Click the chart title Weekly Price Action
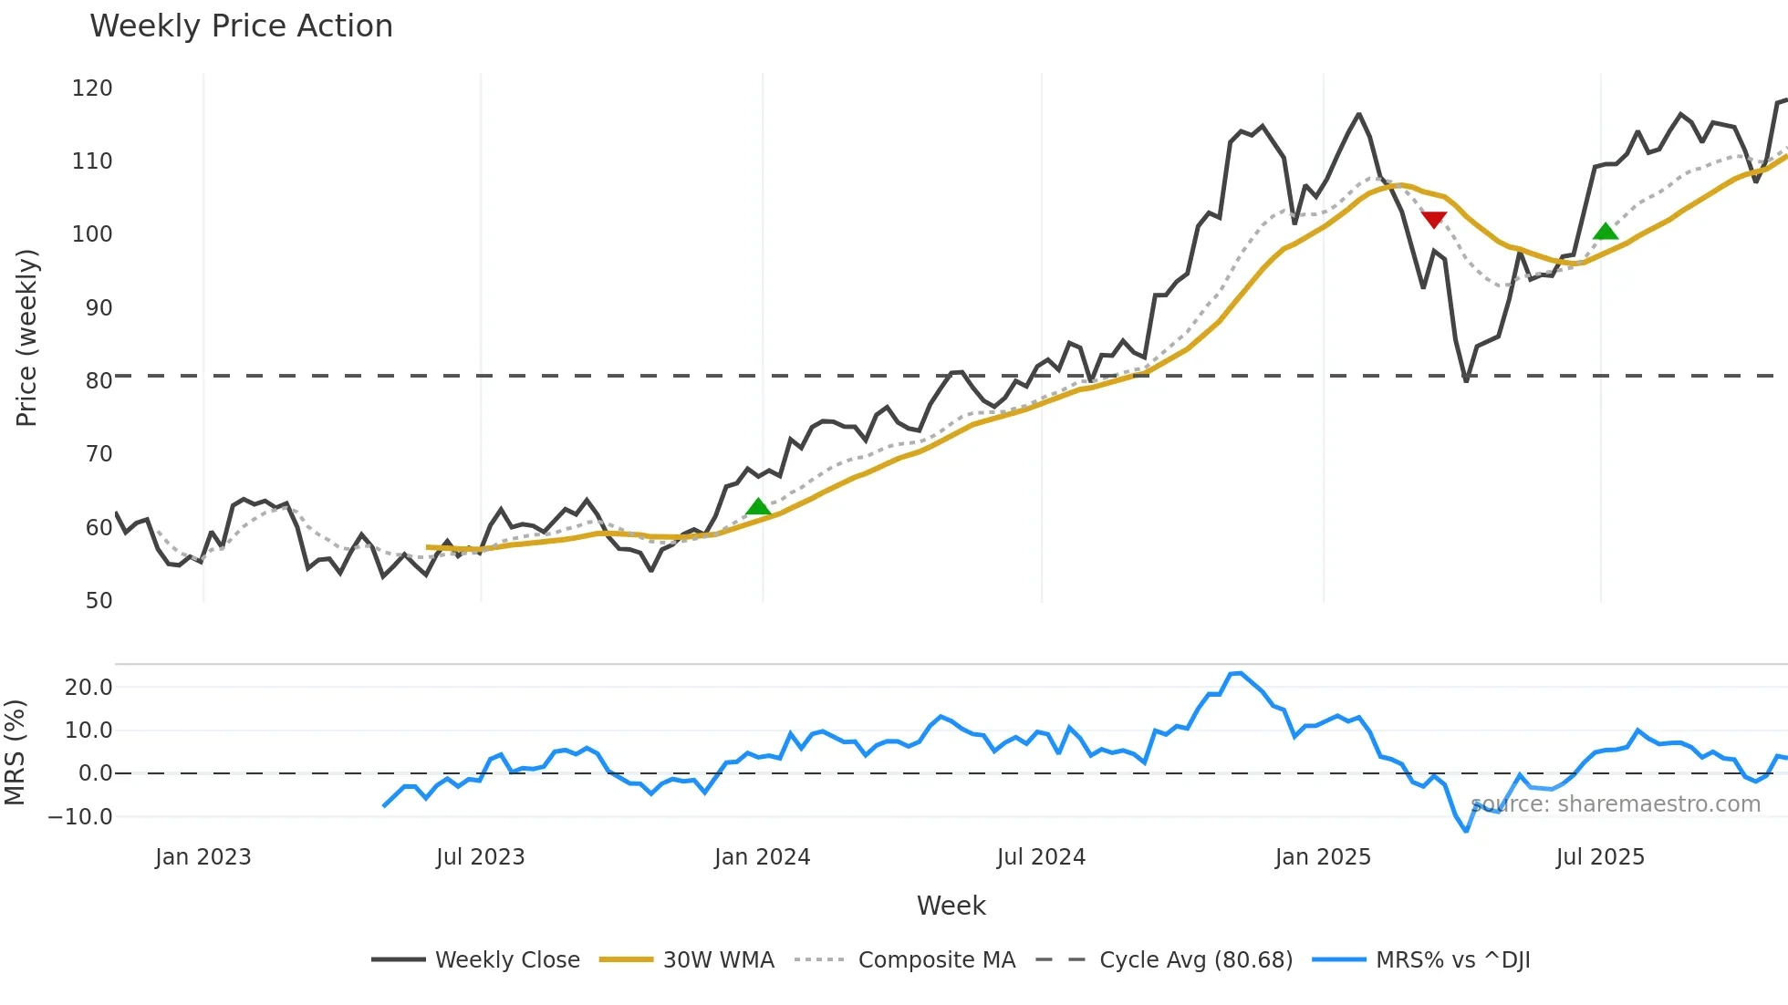coord(241,26)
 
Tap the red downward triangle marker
coord(1434,220)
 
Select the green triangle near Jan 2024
coord(758,507)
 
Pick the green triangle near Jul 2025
coord(1606,232)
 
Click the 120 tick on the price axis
coord(92,88)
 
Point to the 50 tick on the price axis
coord(99,601)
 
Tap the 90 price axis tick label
coord(99,308)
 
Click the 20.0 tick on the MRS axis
coord(88,688)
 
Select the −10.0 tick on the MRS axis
coord(80,817)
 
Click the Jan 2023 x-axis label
coord(203,857)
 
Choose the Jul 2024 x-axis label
coord(1041,857)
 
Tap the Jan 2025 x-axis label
coord(1323,857)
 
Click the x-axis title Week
coord(951,906)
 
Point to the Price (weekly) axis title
coord(26,337)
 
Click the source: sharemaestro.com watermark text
coord(1616,804)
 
